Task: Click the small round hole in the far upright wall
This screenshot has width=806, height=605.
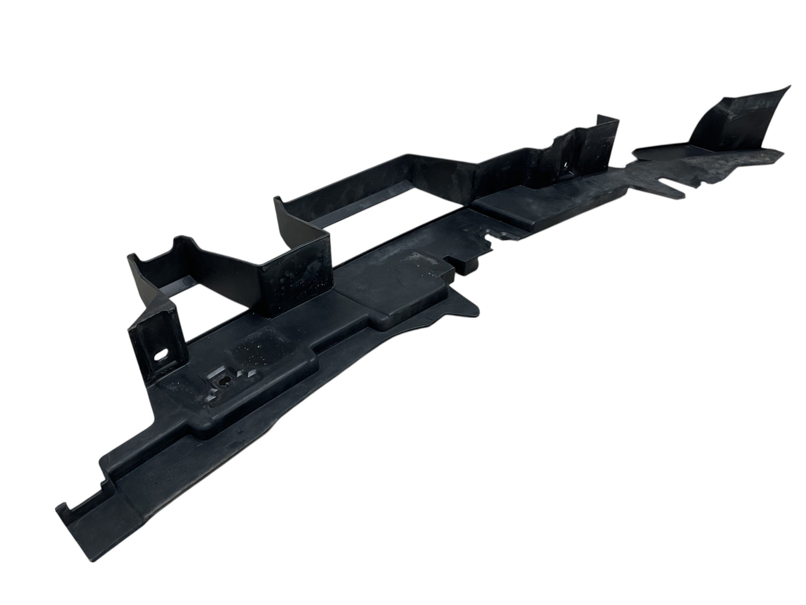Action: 567,165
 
